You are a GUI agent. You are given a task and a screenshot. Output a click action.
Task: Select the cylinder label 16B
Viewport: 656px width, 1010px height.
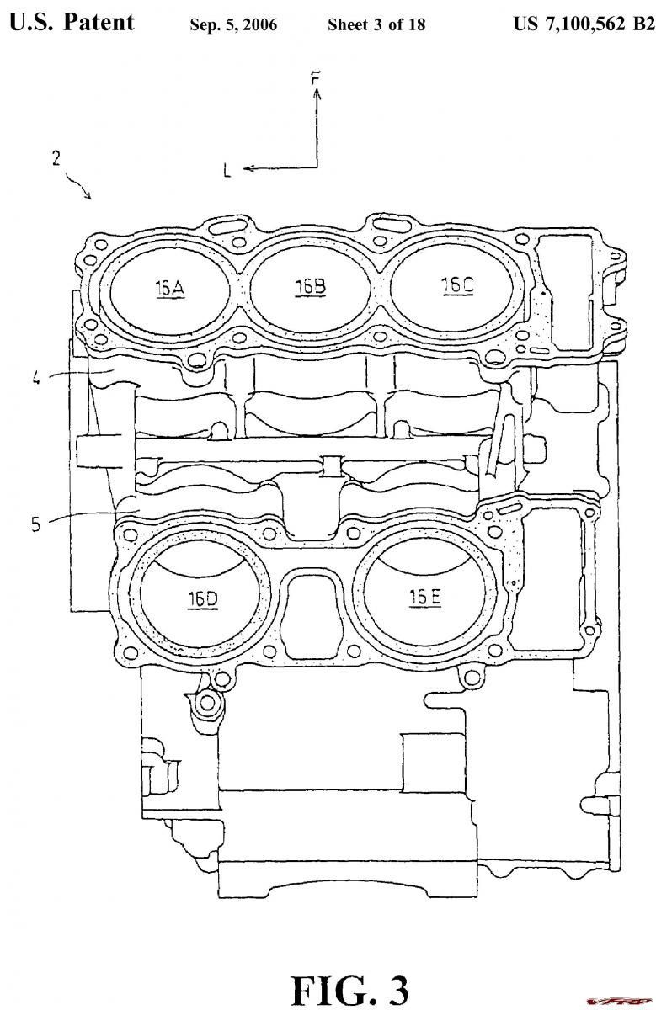click(311, 287)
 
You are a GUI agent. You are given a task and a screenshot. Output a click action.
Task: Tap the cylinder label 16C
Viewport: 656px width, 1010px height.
click(458, 285)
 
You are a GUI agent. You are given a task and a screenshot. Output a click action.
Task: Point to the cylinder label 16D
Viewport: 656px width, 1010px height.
click(203, 598)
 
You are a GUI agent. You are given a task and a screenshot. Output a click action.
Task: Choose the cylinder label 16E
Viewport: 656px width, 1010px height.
click(425, 598)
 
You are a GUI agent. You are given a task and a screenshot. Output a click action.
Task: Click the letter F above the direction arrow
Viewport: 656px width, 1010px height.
click(316, 79)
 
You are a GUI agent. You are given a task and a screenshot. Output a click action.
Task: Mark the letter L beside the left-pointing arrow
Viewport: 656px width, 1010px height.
click(227, 171)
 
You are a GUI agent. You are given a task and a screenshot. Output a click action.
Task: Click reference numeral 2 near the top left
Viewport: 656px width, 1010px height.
click(56, 159)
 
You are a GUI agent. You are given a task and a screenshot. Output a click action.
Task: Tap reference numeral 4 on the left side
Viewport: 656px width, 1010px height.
click(36, 378)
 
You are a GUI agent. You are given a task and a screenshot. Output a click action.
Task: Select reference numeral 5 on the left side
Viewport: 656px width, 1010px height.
click(36, 524)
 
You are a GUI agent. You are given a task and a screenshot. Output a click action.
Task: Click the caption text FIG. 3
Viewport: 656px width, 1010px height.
click(350, 988)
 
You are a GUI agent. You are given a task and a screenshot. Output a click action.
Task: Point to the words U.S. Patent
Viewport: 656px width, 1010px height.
click(72, 22)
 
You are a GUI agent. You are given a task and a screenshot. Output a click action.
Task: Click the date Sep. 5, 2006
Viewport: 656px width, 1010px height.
click(233, 24)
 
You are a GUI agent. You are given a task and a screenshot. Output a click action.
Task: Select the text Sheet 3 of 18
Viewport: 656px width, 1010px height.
click(376, 24)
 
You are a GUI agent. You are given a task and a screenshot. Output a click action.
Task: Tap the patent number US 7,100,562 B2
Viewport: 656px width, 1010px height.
click(584, 24)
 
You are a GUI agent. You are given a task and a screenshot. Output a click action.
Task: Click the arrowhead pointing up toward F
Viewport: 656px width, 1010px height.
click(317, 93)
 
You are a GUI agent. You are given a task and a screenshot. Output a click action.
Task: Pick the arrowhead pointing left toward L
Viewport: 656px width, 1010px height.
click(248, 168)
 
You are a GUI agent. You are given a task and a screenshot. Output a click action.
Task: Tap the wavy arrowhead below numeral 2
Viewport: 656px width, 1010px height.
click(89, 195)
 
